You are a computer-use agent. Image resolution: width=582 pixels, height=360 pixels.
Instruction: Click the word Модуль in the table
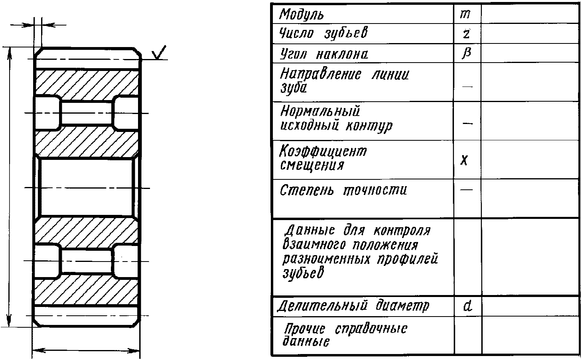[x=301, y=15]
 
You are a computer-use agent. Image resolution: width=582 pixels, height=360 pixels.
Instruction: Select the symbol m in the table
[x=465, y=14]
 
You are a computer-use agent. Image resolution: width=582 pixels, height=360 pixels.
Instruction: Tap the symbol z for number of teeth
[x=466, y=33]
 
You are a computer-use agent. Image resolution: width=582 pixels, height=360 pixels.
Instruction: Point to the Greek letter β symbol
[x=466, y=53]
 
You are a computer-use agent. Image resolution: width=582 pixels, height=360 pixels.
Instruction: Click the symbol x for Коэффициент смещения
[x=464, y=160]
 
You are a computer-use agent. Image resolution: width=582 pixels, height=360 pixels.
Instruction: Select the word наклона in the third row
[x=342, y=54]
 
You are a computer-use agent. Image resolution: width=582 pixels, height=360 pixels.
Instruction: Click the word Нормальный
[x=320, y=110]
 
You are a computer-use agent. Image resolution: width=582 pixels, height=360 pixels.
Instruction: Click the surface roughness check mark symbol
[x=160, y=53]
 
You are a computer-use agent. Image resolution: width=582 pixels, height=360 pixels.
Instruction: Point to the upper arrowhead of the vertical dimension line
[x=9, y=52]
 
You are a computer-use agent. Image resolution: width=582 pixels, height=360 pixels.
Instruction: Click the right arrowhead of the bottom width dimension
[x=136, y=351]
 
